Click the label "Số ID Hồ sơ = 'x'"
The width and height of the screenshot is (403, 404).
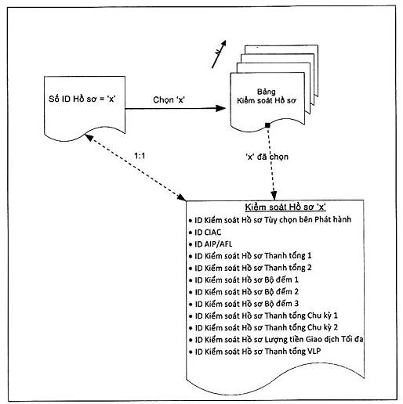click(x=82, y=99)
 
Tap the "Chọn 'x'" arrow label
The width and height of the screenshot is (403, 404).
click(x=169, y=99)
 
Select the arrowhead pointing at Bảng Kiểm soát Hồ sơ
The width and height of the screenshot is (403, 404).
click(x=220, y=108)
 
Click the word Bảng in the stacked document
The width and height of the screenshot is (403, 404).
click(x=267, y=92)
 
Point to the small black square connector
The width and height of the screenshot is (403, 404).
click(x=267, y=125)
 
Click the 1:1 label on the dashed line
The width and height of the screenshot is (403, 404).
click(x=140, y=156)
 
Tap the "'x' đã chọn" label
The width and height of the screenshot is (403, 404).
click(x=267, y=157)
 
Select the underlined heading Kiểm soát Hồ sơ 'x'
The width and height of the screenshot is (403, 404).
click(x=285, y=207)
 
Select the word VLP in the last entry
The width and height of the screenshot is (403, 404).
click(x=314, y=352)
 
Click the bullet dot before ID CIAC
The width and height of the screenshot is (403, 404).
click(x=191, y=233)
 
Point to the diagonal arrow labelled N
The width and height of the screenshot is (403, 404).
click(x=219, y=54)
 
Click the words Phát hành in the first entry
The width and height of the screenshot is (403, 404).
click(x=333, y=220)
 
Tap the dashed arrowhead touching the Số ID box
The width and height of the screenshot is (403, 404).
click(x=89, y=137)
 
